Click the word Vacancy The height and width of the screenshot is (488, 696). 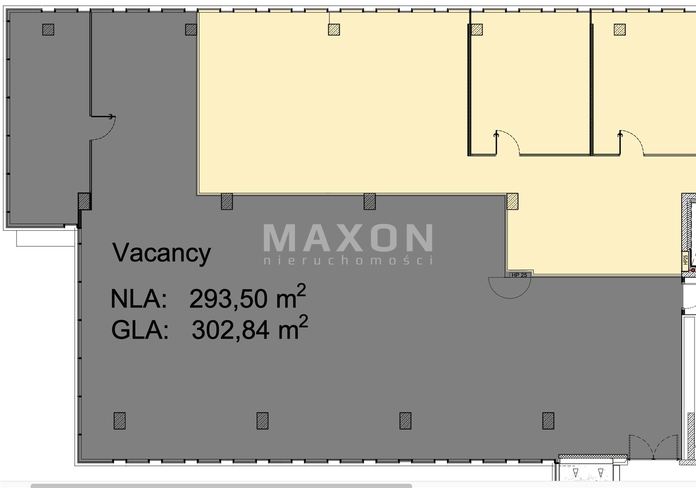tap(161, 253)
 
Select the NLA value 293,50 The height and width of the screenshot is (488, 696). tap(228, 299)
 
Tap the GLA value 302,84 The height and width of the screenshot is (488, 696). tap(231, 330)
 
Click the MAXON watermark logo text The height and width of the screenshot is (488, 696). tap(348, 237)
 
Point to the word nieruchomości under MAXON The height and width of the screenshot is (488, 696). tap(348, 260)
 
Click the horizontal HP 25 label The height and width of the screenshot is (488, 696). tap(519, 275)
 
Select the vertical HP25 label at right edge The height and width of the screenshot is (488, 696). tap(686, 260)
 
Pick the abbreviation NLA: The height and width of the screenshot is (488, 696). tap(139, 299)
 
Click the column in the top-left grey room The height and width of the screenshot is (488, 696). tap(48, 30)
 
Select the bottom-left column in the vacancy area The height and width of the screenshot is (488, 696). tap(120, 421)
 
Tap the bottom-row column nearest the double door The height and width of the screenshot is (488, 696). tap(548, 421)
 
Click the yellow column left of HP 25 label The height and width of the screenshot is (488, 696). tap(512, 201)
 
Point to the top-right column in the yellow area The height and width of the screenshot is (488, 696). tap(619, 30)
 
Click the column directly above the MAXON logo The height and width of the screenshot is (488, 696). tap(369, 201)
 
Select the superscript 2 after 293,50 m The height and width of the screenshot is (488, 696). tap(301, 290)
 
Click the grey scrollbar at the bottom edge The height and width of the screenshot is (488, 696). tap(221, 485)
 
